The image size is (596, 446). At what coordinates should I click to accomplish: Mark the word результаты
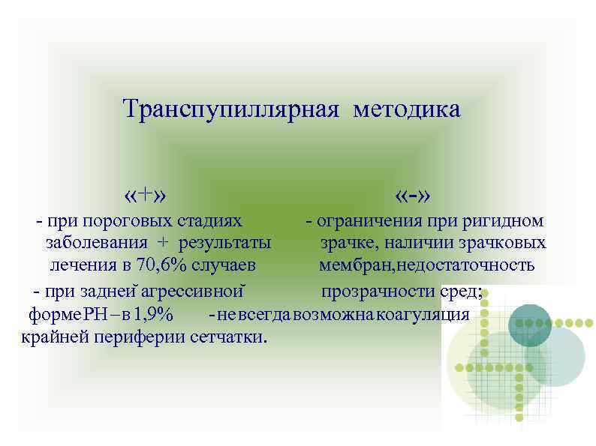[225, 243]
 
